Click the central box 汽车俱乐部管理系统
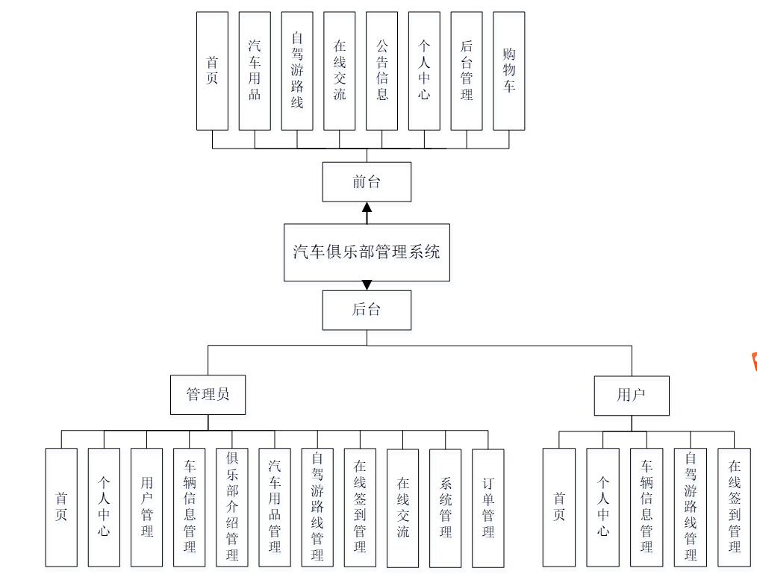(x=367, y=252)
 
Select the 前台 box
(x=367, y=181)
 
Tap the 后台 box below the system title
(x=367, y=310)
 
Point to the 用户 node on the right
(x=631, y=395)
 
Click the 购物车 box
(x=509, y=70)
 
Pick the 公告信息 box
(x=382, y=70)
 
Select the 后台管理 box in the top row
(x=467, y=70)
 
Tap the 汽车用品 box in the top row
(x=255, y=70)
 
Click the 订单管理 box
(x=488, y=508)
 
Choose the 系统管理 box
(x=446, y=508)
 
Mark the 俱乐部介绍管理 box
(x=232, y=508)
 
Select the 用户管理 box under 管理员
(x=147, y=508)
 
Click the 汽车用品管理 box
(x=275, y=508)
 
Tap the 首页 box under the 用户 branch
(x=559, y=508)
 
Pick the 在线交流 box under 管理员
(x=403, y=508)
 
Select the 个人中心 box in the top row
(x=424, y=70)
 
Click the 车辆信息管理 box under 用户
(x=647, y=508)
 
